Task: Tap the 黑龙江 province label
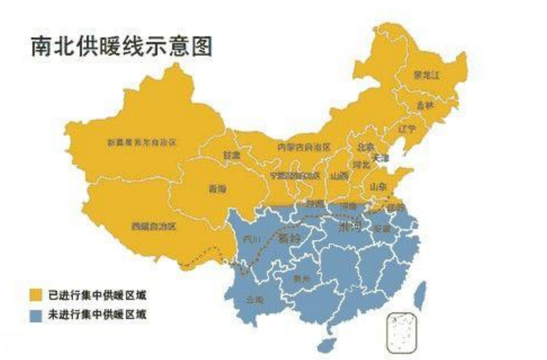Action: pos(426,75)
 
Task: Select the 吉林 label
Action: pos(425,105)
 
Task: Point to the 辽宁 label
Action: pos(407,129)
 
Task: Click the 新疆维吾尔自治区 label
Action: pos(141,142)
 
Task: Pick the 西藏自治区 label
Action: pos(153,227)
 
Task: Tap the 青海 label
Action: pos(217,189)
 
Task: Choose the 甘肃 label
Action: pos(232,155)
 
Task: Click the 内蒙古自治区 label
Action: pos(304,147)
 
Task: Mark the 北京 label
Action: pos(365,147)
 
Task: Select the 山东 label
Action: pos(378,187)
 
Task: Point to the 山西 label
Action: pos(339,176)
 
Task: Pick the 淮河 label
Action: pos(350,227)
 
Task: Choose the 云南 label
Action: pos(255,300)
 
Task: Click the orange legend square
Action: pos(36,295)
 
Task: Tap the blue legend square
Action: pos(36,315)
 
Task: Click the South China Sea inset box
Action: pos(401,333)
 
